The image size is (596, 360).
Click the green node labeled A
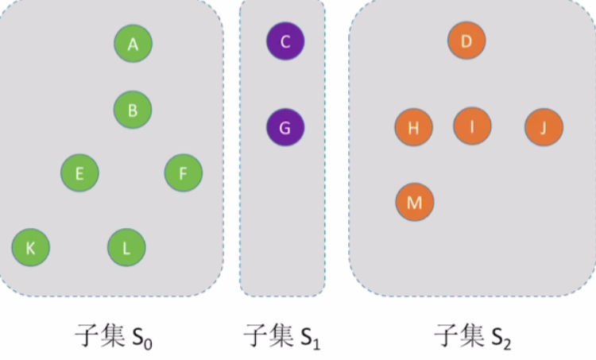tap(133, 45)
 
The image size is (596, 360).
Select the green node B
tap(133, 110)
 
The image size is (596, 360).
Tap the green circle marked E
tap(79, 172)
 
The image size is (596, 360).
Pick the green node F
tap(184, 172)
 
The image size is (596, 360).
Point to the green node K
tap(31, 248)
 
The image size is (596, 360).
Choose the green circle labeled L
tap(127, 247)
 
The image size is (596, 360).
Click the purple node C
tap(285, 41)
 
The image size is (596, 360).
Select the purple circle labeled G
tap(285, 126)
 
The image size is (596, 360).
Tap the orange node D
tap(466, 41)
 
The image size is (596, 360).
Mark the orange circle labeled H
tap(414, 127)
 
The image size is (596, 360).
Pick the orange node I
tap(473, 126)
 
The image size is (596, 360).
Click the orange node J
tap(544, 127)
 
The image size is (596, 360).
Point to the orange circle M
tap(414, 202)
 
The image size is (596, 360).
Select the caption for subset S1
tap(282, 337)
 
